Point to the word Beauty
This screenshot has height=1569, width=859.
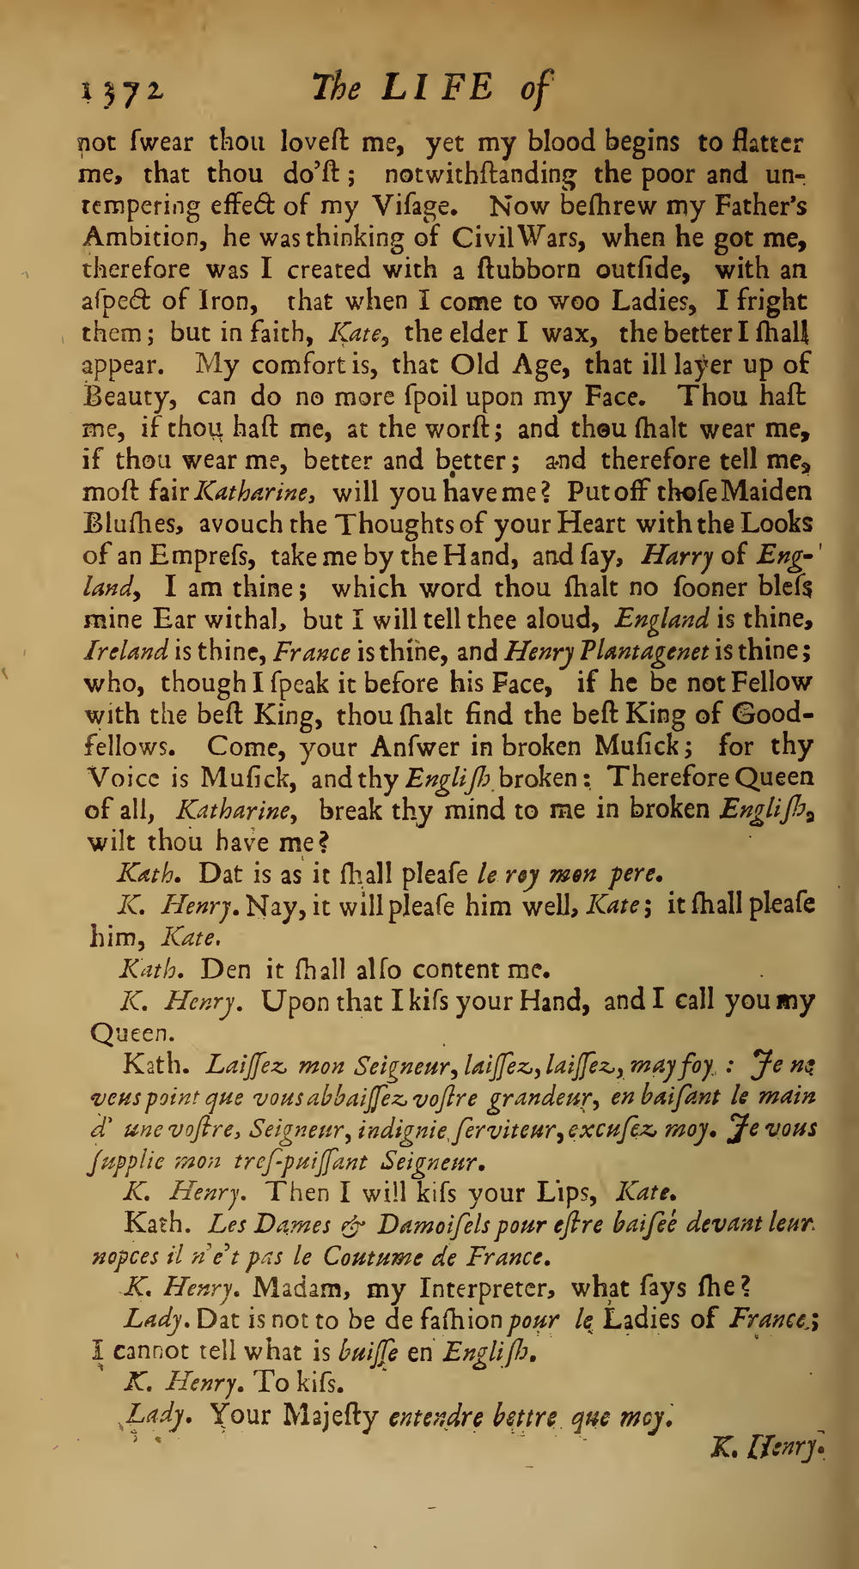[130, 398]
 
